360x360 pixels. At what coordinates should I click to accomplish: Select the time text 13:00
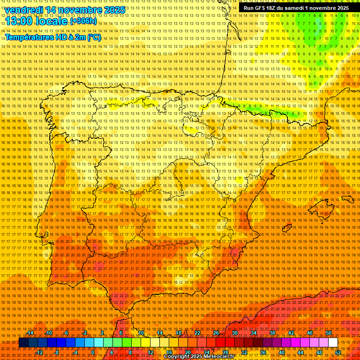[21, 21]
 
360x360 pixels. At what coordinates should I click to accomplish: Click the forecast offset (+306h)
[83, 21]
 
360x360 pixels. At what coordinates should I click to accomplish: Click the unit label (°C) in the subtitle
[94, 37]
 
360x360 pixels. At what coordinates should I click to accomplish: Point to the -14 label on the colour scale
[30, 333]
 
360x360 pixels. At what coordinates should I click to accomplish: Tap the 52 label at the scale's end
[338, 352]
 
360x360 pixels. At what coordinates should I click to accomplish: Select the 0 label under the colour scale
[93, 352]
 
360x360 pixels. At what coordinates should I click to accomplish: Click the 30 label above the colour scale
[234, 333]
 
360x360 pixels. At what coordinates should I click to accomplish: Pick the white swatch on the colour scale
[333, 343]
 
